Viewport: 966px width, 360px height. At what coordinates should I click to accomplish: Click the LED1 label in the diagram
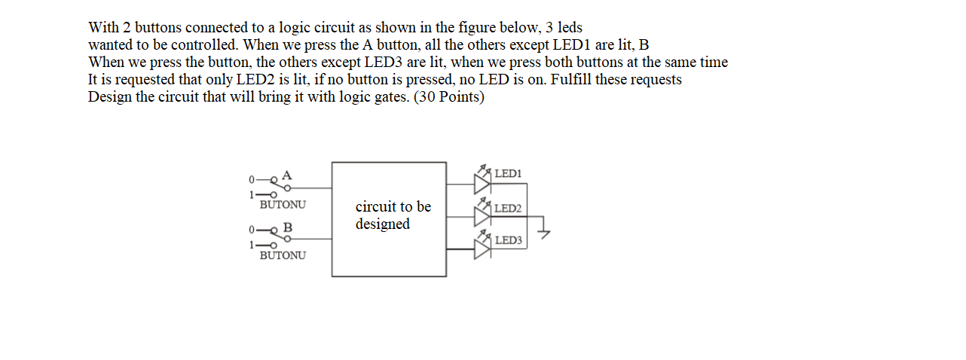click(x=507, y=174)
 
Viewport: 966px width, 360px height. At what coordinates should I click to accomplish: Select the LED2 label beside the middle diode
click(x=508, y=208)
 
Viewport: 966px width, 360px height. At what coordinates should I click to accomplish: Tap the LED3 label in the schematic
click(x=508, y=240)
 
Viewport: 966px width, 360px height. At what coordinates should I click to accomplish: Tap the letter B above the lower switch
click(x=287, y=227)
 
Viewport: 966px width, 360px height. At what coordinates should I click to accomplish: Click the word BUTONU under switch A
click(x=283, y=204)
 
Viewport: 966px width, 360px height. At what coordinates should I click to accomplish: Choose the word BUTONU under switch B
click(x=283, y=255)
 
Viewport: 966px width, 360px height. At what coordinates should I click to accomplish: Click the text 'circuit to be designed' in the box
click(x=393, y=215)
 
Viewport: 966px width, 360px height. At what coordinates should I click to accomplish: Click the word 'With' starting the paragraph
click(x=103, y=28)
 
